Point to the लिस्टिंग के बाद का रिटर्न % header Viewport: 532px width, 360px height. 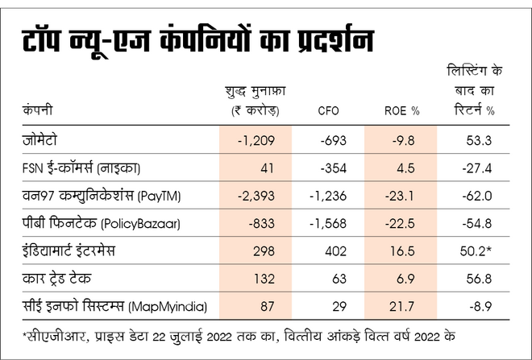tap(480, 89)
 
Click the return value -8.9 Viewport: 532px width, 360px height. tap(480, 305)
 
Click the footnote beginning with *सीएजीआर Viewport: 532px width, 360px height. tap(242, 335)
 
